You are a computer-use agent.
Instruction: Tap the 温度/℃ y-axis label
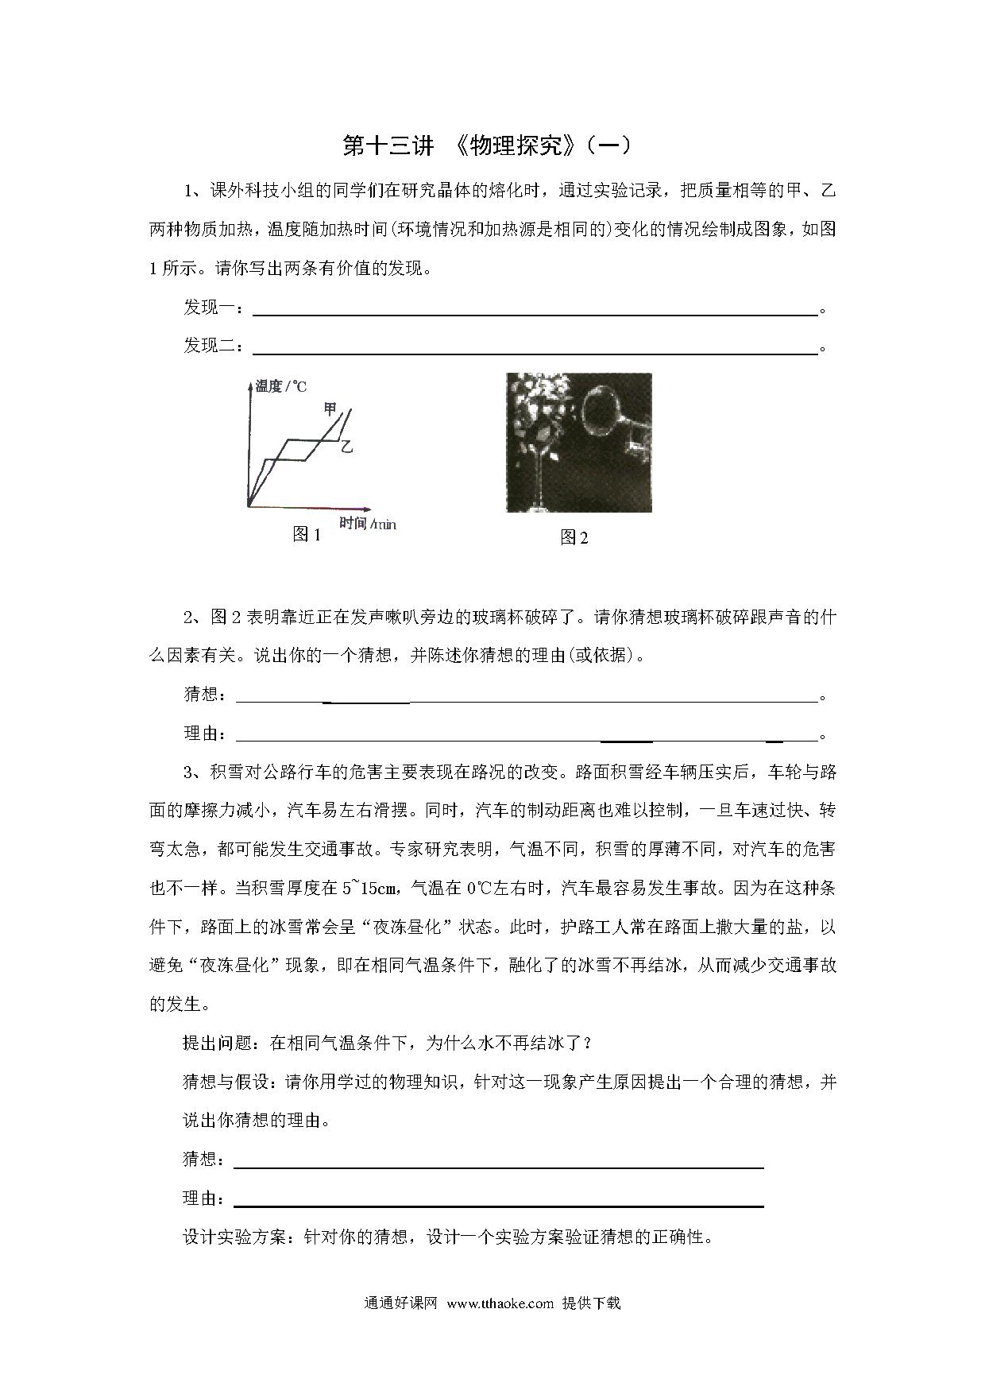281,387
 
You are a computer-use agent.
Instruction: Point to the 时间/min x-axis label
368,522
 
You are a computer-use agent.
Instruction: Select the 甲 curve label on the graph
330,409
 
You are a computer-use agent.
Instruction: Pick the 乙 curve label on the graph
346,447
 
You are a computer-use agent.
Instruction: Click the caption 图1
307,535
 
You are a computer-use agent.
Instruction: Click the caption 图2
574,537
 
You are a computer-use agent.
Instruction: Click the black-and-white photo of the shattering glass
578,443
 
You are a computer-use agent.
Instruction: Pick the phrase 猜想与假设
227,1082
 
